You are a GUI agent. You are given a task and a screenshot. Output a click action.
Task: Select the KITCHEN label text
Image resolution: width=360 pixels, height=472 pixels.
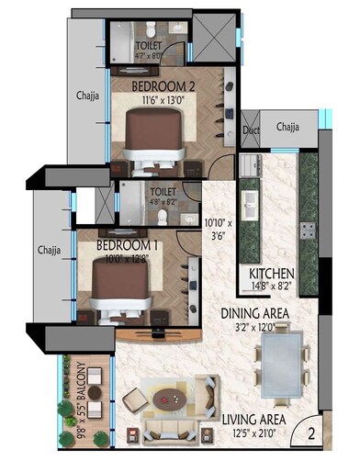pos(272,274)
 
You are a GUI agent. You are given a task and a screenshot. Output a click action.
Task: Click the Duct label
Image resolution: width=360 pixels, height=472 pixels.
pos(251,130)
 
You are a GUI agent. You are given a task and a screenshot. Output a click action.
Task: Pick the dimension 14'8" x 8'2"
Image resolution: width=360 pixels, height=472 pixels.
pos(272,287)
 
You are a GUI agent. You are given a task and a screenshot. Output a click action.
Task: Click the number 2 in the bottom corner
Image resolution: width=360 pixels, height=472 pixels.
pos(311,435)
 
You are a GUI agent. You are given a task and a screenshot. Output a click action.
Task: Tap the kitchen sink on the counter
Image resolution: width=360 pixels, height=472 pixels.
pos(249,202)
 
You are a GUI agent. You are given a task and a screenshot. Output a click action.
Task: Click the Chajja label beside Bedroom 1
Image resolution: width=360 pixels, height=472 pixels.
pos(48,248)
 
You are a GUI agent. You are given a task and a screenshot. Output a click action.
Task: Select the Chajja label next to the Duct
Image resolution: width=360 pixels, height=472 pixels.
pos(288,128)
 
